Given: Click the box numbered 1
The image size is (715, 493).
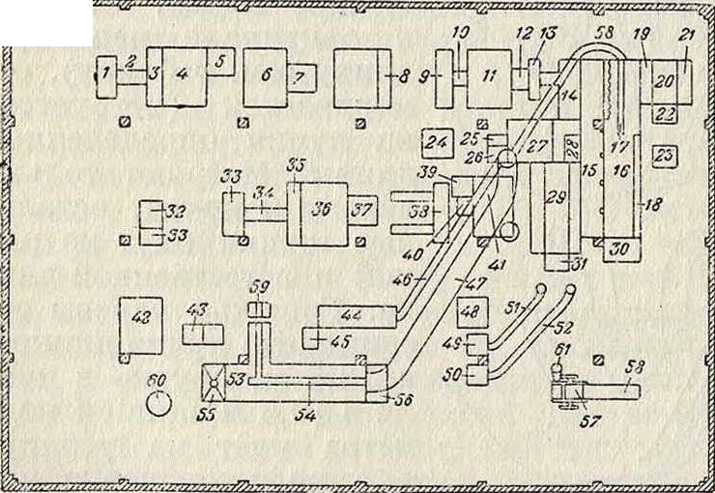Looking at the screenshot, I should click(108, 74).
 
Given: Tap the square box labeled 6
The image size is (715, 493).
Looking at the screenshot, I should click(264, 76).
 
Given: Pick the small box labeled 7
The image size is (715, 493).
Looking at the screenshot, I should click(300, 74).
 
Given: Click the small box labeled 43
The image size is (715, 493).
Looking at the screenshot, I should click(203, 334).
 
